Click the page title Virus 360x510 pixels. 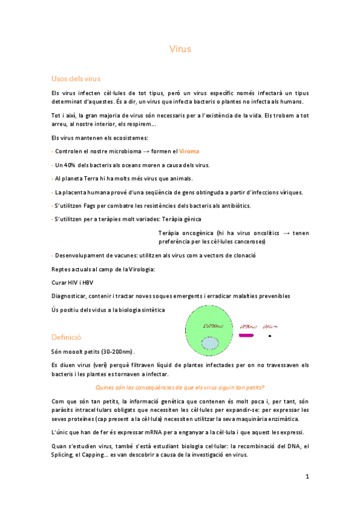(180, 49)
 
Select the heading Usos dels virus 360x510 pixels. (76, 79)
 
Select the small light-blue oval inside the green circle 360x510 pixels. (210, 343)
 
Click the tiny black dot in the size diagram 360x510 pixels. (270, 335)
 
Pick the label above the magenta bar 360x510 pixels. (249, 327)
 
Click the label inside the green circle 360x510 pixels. (214, 325)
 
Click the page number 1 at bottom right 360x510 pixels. (307, 477)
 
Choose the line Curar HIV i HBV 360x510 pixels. (73, 282)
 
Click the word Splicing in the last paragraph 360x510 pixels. (66, 455)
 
